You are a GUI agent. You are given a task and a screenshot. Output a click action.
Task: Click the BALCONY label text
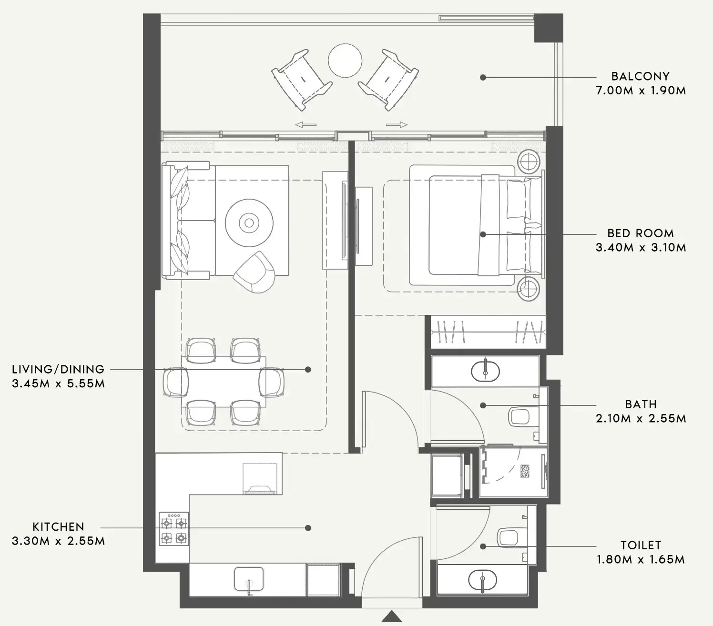[640, 76]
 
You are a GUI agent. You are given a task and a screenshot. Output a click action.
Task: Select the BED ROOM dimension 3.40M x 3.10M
[641, 247]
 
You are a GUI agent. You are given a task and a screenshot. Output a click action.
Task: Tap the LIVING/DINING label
[58, 369]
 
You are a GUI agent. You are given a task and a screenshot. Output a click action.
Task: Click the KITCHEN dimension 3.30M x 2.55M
[58, 541]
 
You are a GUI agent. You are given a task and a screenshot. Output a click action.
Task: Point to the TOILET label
[641, 545]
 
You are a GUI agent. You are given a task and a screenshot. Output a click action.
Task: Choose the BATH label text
[641, 404]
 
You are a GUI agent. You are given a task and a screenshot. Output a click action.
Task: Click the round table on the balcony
[345, 61]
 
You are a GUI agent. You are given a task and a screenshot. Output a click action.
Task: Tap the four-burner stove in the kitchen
[173, 529]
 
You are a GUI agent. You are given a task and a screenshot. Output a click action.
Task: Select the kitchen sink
[248, 579]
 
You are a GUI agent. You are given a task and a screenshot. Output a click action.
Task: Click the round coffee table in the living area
[249, 222]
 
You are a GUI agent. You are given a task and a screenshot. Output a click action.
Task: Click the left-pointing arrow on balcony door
[306, 125]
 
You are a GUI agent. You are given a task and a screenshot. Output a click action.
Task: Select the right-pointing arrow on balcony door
[397, 125]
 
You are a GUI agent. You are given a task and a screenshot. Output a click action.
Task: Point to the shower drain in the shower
[525, 470]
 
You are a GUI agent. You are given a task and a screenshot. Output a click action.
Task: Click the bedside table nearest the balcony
[529, 162]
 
